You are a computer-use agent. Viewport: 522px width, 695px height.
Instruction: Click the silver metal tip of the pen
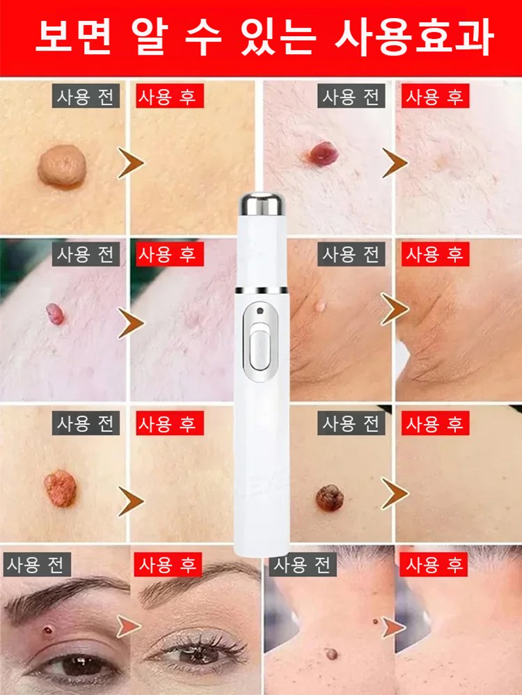[261, 205]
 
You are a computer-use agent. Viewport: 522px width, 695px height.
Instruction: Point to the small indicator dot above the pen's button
[258, 310]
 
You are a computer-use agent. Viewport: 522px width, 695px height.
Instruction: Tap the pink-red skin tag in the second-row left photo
[54, 314]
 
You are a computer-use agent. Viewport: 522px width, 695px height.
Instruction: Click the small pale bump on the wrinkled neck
[320, 304]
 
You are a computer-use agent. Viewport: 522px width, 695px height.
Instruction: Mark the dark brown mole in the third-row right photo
[329, 498]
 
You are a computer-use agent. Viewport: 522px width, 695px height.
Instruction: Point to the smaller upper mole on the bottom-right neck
[375, 621]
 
